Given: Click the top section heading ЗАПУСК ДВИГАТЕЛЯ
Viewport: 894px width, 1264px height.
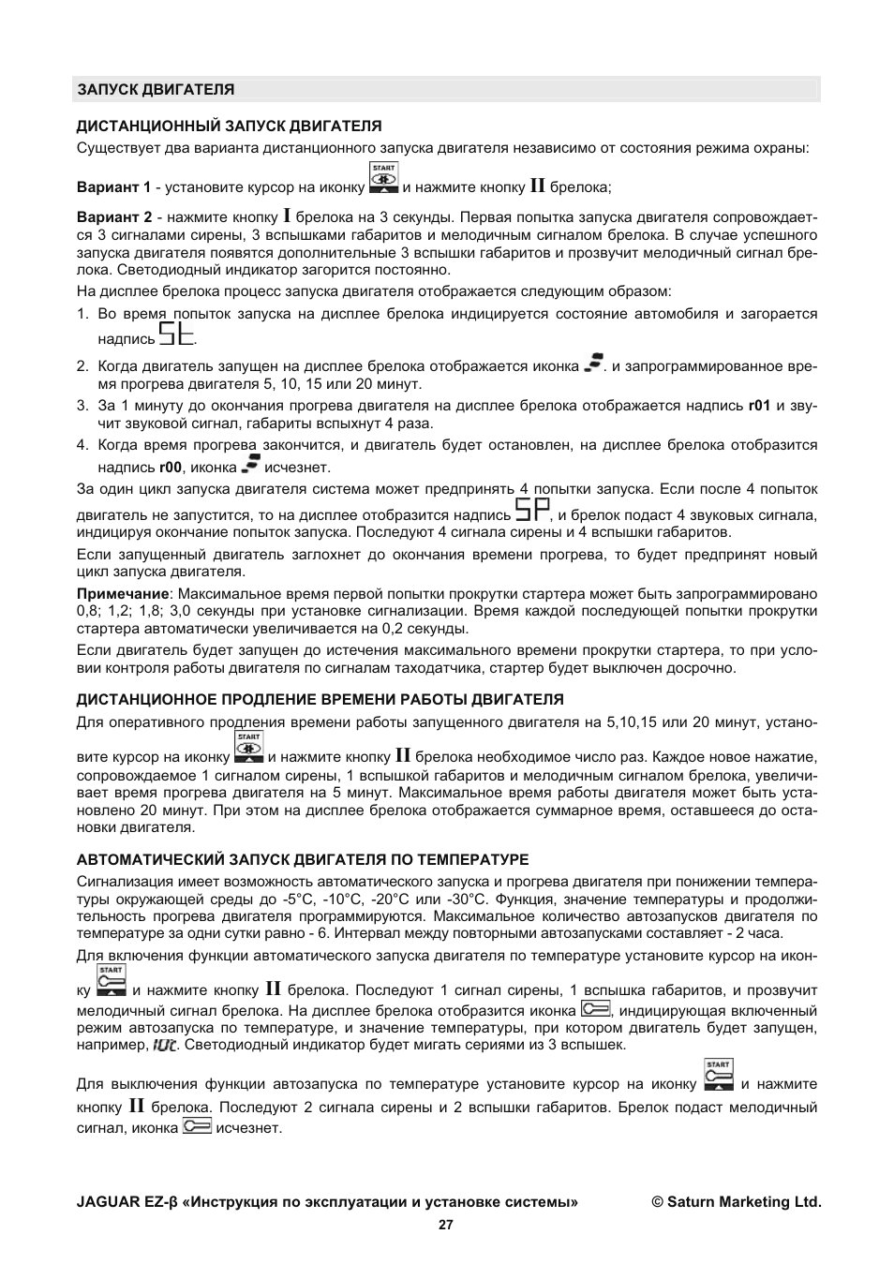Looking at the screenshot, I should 156,90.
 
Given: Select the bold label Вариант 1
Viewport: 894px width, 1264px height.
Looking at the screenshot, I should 113,187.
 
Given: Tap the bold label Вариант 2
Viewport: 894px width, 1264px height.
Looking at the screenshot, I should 113,217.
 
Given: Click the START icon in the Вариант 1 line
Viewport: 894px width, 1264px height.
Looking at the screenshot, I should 383,178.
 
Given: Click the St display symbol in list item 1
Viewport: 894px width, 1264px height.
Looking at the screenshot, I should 177,335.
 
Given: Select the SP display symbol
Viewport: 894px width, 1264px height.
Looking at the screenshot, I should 532,511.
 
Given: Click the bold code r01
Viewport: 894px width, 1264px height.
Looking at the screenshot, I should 758,406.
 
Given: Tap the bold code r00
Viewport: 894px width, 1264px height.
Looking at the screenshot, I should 170,468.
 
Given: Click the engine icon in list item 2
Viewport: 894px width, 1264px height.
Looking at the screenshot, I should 592,363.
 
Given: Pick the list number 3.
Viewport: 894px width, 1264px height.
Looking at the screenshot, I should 82,406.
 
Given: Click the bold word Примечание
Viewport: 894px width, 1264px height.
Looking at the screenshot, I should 123,594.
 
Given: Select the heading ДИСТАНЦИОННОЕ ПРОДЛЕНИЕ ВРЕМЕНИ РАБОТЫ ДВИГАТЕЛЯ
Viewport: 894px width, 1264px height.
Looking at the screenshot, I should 320,699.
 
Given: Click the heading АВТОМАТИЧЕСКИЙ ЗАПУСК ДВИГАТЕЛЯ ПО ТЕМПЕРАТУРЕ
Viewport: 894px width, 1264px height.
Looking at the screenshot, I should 303,859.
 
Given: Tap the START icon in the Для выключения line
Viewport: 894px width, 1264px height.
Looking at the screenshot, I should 718,1075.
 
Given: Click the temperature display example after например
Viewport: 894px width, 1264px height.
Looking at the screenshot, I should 165,1045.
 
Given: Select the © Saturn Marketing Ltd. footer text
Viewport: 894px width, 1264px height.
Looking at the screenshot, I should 737,1202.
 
